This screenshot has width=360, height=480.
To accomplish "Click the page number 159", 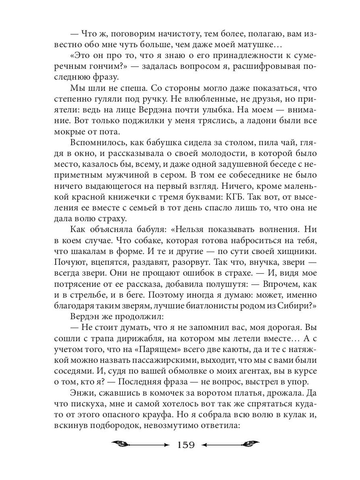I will (184, 445).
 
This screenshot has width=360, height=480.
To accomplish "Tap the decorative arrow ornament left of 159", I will (140, 444).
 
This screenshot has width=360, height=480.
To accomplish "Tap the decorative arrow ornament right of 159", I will (230, 444).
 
